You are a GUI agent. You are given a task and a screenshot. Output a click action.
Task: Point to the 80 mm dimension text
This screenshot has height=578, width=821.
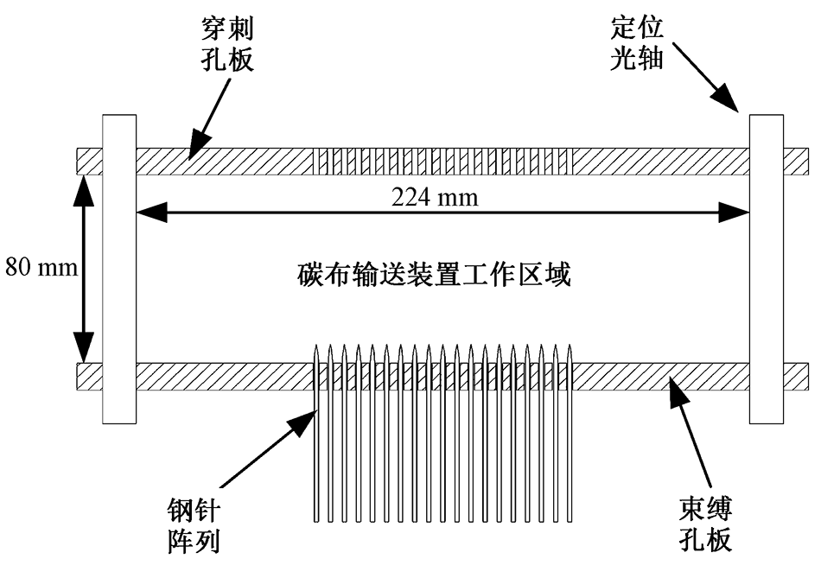coord(41,267)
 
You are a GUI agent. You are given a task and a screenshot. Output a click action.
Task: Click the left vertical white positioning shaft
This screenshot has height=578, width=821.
coord(119,268)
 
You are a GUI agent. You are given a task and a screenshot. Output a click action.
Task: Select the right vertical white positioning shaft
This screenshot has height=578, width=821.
coord(766,268)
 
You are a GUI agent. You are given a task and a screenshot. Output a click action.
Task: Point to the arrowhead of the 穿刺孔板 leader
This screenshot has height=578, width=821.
coord(193,154)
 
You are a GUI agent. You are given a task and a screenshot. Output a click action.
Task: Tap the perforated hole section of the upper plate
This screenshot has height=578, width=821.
coord(442,161)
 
